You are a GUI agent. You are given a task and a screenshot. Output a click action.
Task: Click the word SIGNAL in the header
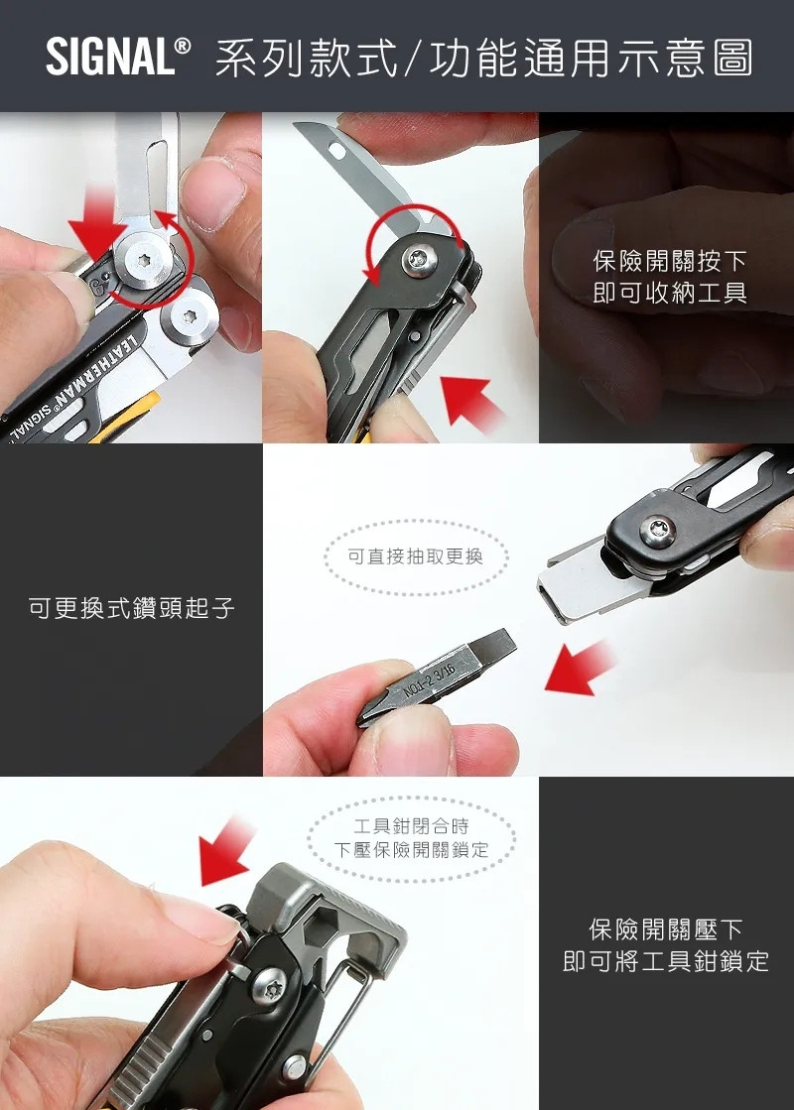(x=110, y=58)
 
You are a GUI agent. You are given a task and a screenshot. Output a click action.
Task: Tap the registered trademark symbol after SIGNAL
(x=183, y=47)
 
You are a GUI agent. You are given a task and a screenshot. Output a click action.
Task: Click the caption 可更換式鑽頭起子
(x=132, y=607)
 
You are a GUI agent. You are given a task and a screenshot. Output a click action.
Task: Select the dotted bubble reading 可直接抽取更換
(x=416, y=556)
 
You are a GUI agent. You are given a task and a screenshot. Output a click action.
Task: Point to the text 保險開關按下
(x=669, y=261)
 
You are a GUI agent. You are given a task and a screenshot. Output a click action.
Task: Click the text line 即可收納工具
(x=669, y=293)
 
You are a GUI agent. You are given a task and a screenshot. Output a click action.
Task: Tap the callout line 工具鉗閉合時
(x=412, y=825)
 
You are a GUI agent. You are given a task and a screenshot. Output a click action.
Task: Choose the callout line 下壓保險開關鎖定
(x=412, y=849)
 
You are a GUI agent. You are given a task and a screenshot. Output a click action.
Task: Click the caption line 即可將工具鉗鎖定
(x=666, y=960)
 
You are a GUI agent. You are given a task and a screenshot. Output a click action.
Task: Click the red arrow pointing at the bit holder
(x=580, y=669)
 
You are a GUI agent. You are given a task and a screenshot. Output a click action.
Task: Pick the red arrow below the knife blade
(x=469, y=400)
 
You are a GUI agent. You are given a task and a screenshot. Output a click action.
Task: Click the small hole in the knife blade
(x=337, y=151)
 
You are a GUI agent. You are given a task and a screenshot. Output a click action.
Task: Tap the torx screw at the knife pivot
(x=419, y=260)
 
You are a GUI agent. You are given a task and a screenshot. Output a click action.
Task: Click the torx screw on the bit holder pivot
(x=657, y=531)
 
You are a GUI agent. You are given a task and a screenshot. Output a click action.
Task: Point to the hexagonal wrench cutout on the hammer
(x=324, y=923)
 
